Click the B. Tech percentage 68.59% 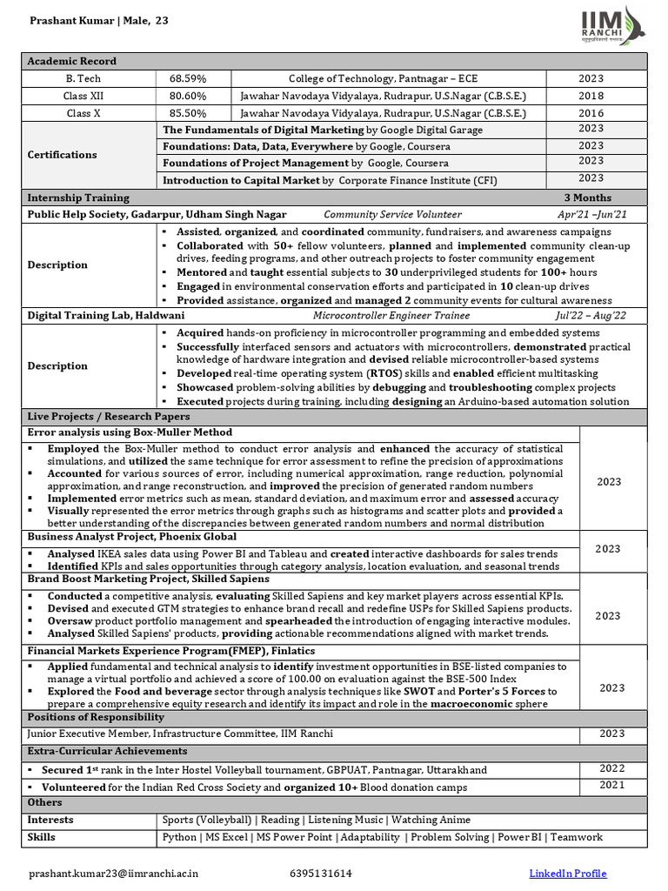click(187, 78)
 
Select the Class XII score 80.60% click(187, 96)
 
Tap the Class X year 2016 click(591, 113)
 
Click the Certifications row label click(62, 155)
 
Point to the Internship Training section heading click(78, 198)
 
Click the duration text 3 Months click(587, 198)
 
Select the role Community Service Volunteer click(392, 214)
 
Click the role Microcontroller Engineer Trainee click(391, 315)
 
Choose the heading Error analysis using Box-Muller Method click(130, 432)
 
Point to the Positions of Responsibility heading click(96, 717)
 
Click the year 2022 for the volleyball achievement click(611, 768)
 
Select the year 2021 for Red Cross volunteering click(611, 785)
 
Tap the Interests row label click(50, 820)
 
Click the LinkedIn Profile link click(568, 874)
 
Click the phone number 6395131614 click(321, 874)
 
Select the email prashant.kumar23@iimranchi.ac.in click(114, 874)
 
